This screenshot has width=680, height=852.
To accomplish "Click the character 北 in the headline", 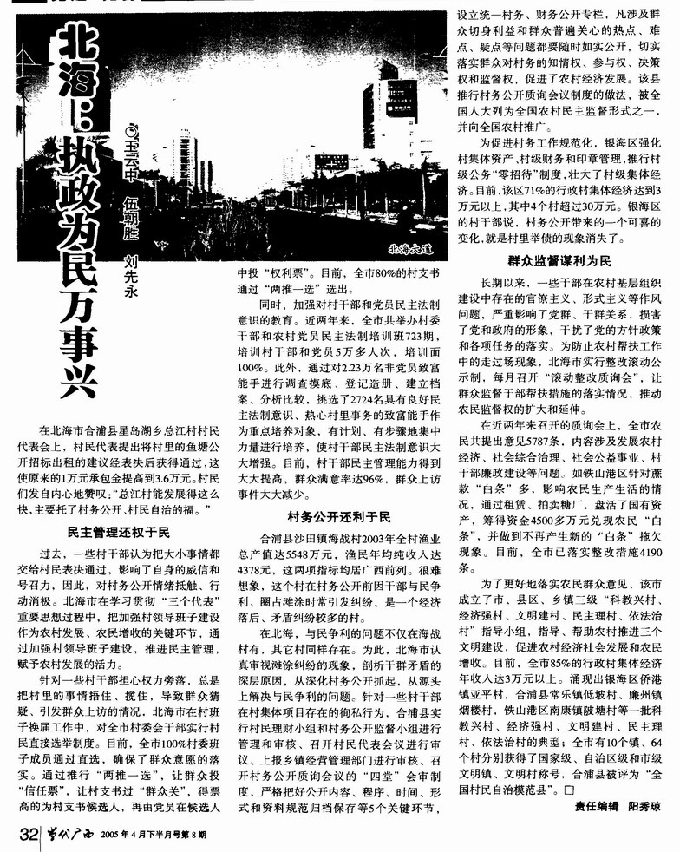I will coord(75,43).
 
